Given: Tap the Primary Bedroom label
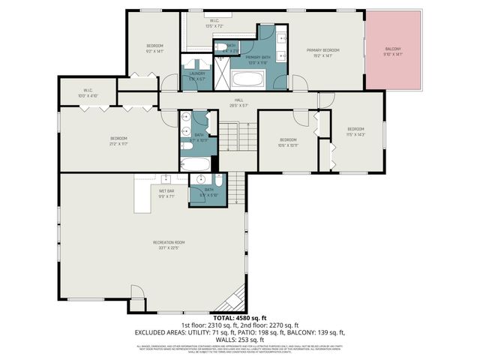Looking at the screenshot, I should pyautogui.click(x=322, y=52).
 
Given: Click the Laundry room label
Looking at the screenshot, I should pyautogui.click(x=197, y=76).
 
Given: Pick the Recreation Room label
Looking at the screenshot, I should pyautogui.click(x=169, y=244).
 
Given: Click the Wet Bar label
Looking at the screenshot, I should pyautogui.click(x=166, y=193).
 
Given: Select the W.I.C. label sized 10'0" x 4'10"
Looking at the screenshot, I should pyautogui.click(x=87, y=94).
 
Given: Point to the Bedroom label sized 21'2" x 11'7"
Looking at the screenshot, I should pyautogui.click(x=118, y=140).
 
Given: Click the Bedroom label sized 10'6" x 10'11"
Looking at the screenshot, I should pyautogui.click(x=289, y=142).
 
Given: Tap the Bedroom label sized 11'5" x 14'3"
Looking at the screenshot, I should pyautogui.click(x=355, y=131).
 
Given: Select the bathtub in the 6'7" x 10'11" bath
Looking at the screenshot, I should pyautogui.click(x=196, y=163).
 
